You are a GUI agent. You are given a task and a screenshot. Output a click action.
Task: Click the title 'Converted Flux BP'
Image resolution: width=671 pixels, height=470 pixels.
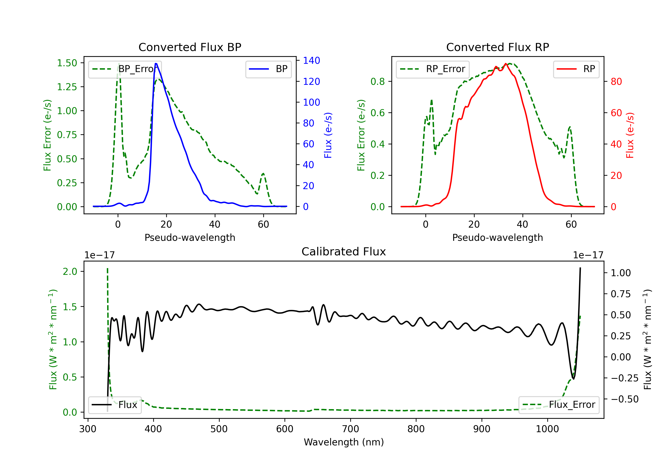190,47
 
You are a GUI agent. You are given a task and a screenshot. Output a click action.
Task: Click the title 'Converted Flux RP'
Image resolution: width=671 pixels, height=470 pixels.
497,47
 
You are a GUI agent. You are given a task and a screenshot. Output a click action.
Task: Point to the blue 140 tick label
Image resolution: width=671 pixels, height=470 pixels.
311,61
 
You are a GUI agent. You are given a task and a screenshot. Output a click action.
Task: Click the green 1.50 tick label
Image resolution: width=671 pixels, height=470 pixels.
67,63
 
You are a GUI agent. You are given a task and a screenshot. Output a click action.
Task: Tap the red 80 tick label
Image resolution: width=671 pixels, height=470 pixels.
616,82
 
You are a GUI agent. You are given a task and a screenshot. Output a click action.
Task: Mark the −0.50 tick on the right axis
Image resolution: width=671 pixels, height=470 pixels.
624,399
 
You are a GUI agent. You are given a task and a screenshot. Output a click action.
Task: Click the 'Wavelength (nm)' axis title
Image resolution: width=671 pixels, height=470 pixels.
344,442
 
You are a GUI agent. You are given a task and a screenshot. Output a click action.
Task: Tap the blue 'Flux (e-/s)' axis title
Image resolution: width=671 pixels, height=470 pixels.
328,135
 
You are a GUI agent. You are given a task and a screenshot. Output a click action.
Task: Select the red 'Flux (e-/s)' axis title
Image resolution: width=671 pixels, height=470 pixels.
630,135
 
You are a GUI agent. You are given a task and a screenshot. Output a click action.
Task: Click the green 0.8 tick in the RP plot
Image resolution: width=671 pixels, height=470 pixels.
378,82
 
